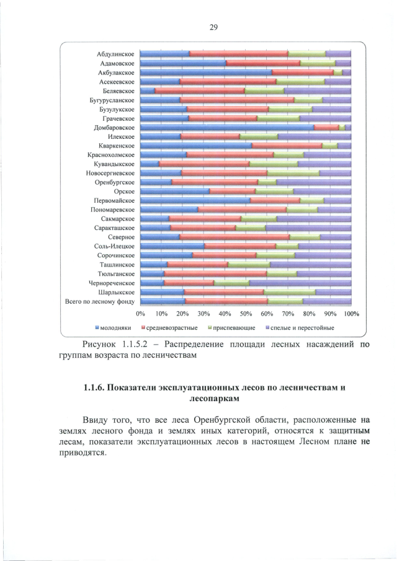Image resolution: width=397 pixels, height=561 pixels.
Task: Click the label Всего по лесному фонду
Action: (x=100, y=301)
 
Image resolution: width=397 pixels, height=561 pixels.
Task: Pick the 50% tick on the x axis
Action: (x=246, y=314)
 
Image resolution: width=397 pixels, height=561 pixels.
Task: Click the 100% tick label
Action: (x=352, y=314)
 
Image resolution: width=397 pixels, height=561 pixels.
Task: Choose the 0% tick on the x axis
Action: (x=140, y=314)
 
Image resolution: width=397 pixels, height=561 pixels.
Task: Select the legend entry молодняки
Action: (x=115, y=327)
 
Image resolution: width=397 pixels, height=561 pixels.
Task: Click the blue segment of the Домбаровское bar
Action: (x=226, y=127)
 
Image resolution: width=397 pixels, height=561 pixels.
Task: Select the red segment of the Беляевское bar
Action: (x=199, y=91)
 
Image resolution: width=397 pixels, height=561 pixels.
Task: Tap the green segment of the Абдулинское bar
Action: (x=306, y=54)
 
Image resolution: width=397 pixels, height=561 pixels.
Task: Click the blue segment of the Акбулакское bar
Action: (x=205, y=73)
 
